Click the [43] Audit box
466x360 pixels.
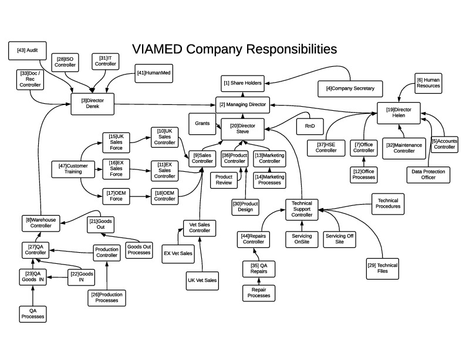pos(28,51)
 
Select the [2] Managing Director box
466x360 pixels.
pos(242,105)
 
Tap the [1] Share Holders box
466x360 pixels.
pos(242,83)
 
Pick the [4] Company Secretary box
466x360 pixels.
pos(350,89)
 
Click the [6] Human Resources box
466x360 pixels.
pos(428,83)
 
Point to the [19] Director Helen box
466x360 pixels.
pos(403,112)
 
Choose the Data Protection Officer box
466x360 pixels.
pos(429,174)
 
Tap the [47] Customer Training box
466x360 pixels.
pos(73,169)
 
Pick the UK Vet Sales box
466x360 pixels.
pos(202,280)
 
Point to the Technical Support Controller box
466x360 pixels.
pos(302,209)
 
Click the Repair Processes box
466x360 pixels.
pos(259,293)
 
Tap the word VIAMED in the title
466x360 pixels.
pos(156,48)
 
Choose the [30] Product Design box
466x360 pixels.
pos(245,207)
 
